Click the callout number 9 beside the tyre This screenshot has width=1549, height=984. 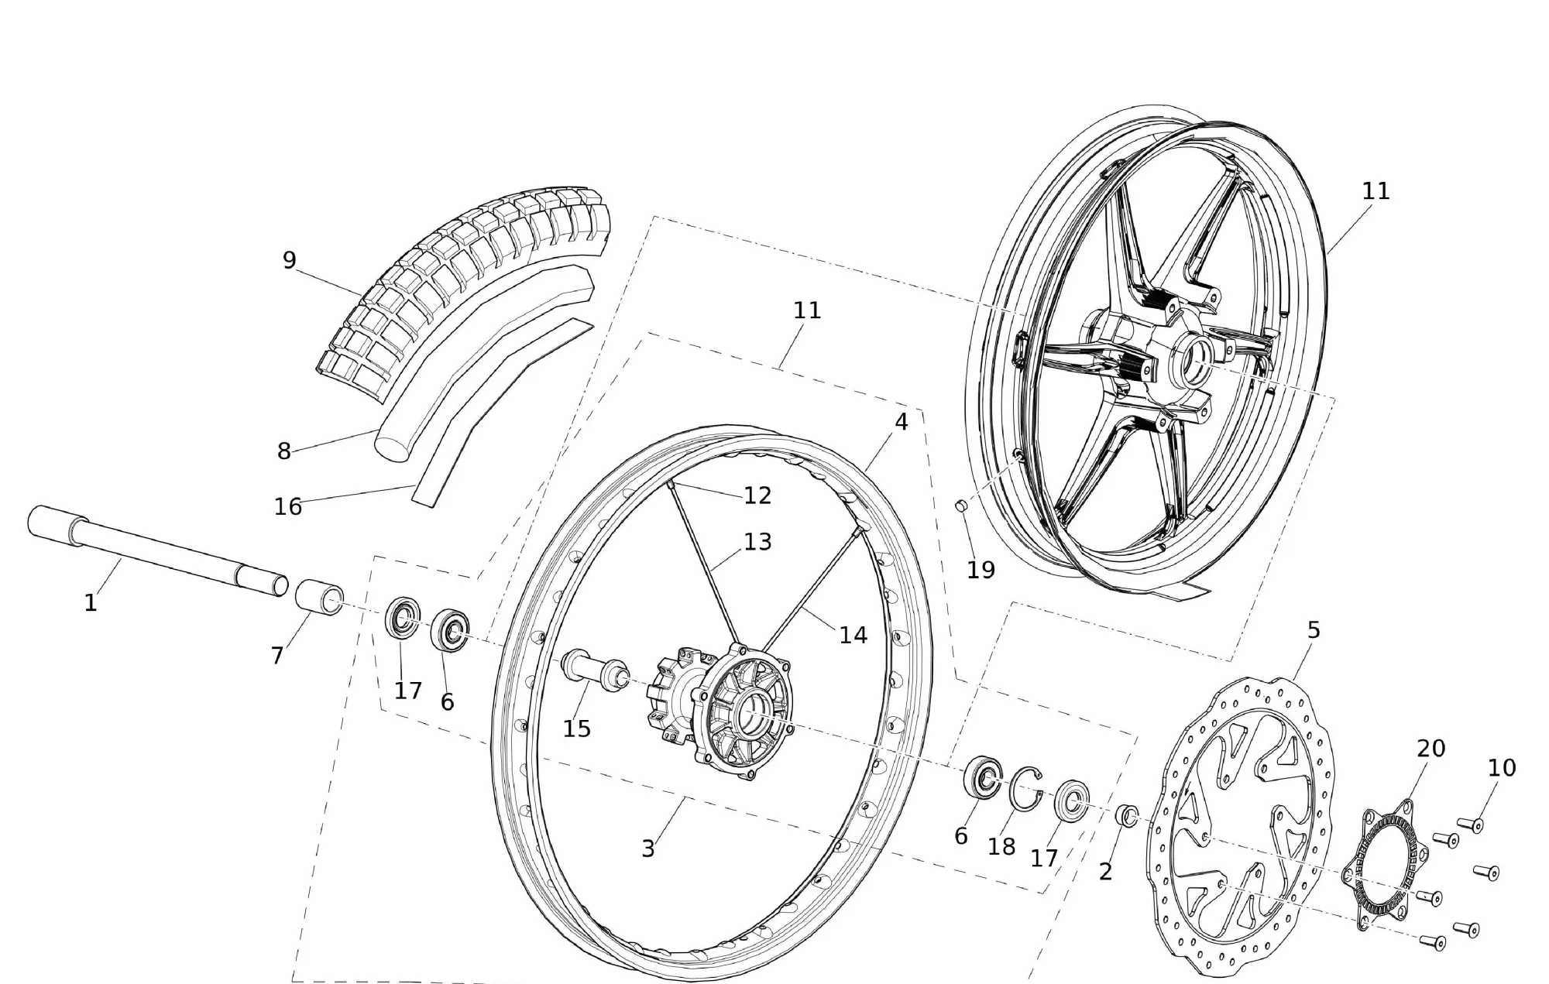[289, 260]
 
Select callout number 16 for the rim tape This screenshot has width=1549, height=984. [288, 506]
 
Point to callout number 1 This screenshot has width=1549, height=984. [91, 603]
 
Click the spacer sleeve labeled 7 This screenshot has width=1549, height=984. [320, 597]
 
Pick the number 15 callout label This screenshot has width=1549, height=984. [577, 729]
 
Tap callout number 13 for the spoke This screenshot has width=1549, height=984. [757, 542]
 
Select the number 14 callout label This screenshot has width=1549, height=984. [853, 635]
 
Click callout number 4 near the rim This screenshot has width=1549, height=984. [901, 422]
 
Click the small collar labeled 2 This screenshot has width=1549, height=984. [1127, 816]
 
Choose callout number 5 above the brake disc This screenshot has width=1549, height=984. [1314, 630]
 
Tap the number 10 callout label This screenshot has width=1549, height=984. [1502, 768]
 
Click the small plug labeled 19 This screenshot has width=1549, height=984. [960, 506]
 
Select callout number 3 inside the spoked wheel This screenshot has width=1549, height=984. [648, 849]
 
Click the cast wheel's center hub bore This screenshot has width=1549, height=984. [1195, 362]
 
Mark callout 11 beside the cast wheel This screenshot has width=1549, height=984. [1376, 191]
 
